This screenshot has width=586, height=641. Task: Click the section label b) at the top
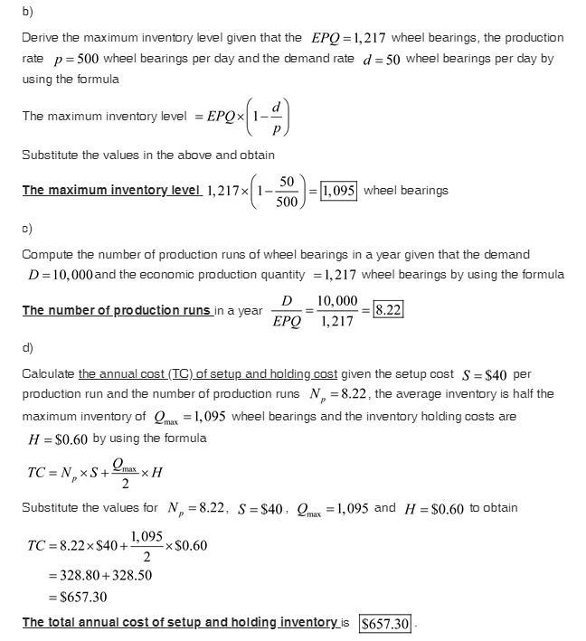coord(27,12)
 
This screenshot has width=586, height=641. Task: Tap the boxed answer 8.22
coord(388,309)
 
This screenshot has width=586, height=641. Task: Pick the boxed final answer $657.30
coord(385,624)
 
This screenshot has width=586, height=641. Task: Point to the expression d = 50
coord(380,59)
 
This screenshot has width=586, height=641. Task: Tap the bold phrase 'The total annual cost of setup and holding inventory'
coord(180,623)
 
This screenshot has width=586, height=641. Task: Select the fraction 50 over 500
coord(286,191)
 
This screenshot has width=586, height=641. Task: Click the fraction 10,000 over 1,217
coord(337,310)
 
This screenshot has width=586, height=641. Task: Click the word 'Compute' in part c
coord(47,254)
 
